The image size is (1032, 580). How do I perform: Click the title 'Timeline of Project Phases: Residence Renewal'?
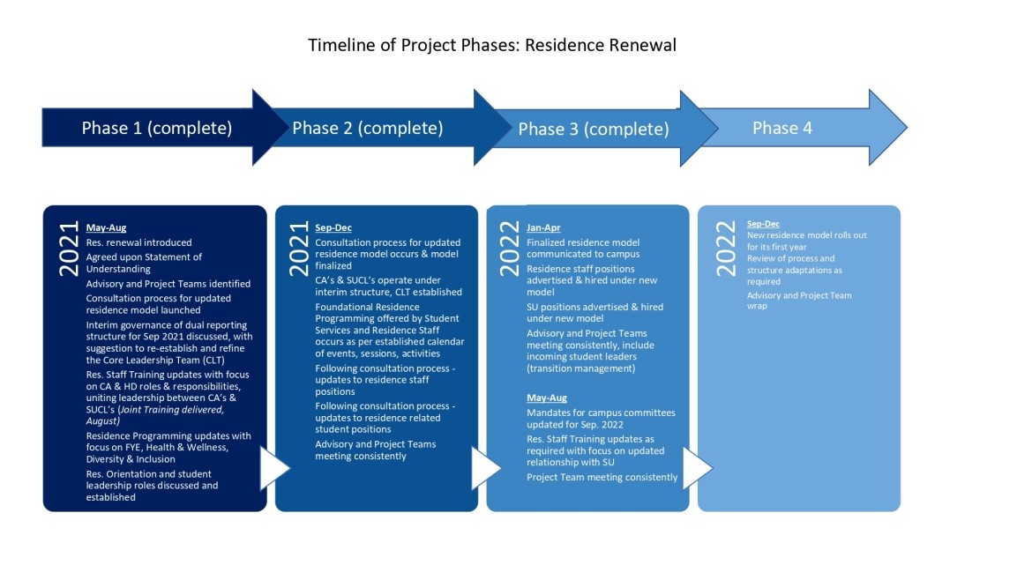(x=491, y=45)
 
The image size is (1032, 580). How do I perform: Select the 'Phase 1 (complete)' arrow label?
(x=157, y=128)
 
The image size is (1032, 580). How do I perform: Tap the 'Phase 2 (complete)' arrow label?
(x=368, y=128)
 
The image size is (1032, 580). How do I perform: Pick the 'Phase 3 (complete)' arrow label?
(x=594, y=130)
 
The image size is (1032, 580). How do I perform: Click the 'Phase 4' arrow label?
(x=782, y=128)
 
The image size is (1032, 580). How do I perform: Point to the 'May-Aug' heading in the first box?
(x=106, y=227)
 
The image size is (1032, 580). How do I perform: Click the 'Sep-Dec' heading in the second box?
(x=333, y=227)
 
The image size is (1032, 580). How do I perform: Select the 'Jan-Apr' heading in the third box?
(x=544, y=227)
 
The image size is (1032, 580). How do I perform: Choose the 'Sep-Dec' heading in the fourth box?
(x=763, y=224)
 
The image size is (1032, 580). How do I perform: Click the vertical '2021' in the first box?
(x=68, y=247)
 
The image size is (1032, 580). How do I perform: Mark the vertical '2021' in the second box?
(x=297, y=247)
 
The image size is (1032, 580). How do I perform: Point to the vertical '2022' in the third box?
(x=509, y=247)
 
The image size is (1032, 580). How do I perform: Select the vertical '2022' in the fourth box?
(x=725, y=247)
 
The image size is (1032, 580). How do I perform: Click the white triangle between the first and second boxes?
(x=273, y=468)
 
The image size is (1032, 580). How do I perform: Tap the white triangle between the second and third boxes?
(x=485, y=468)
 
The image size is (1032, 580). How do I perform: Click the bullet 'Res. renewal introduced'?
(x=138, y=242)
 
